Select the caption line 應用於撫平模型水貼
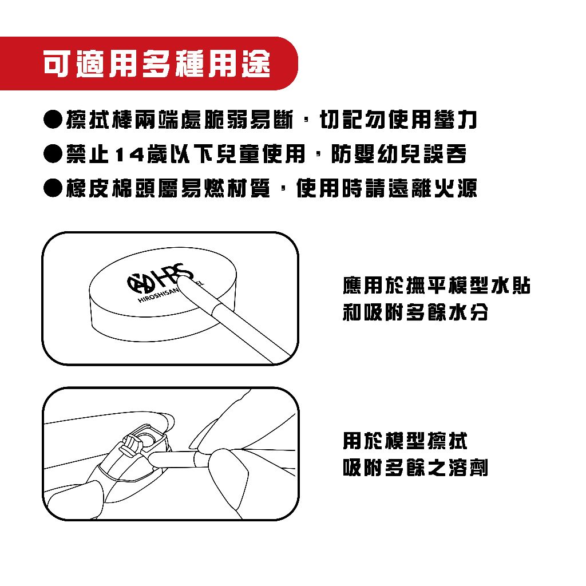click(x=436, y=286)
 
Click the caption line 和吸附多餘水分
click(x=415, y=313)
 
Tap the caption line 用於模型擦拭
click(x=405, y=441)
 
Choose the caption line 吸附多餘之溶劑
click(x=415, y=469)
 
